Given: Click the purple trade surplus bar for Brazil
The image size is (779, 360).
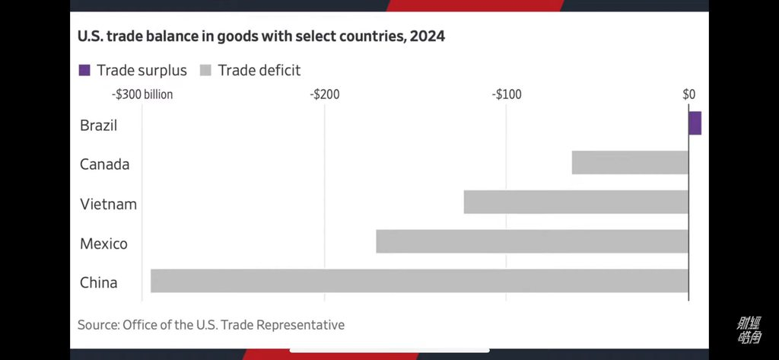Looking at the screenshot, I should pyautogui.click(x=695, y=123).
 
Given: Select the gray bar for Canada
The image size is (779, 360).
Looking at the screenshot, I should pyautogui.click(x=630, y=163).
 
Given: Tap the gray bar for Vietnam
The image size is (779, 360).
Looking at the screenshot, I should pyautogui.click(x=576, y=202).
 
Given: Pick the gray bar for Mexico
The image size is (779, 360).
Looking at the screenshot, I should pyautogui.click(x=532, y=241).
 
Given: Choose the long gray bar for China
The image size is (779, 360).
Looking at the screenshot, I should pyautogui.click(x=419, y=281).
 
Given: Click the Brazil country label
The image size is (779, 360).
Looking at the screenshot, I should pyautogui.click(x=99, y=126).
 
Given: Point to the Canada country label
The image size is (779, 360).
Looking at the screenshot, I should pyautogui.click(x=105, y=164).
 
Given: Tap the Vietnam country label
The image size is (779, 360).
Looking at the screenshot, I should pyautogui.click(x=108, y=204).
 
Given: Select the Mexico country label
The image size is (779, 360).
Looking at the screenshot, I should pyautogui.click(x=104, y=244).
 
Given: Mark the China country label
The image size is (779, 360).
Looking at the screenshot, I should pyautogui.click(x=99, y=283).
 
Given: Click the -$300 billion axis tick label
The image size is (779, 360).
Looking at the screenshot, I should pyautogui.click(x=143, y=95).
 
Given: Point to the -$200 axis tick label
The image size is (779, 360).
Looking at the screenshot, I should pyautogui.click(x=325, y=95).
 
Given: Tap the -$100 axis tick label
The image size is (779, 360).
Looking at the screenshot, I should pyautogui.click(x=507, y=95).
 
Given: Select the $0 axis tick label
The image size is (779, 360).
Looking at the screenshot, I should pyautogui.click(x=688, y=95).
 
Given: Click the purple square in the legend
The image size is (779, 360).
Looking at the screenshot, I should pyautogui.click(x=84, y=71).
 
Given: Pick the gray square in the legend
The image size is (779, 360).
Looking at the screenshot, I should pyautogui.click(x=205, y=71).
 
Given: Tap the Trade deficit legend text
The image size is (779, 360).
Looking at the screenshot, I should pyautogui.click(x=259, y=71).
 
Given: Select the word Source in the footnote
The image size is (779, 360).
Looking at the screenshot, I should pyautogui.click(x=97, y=325).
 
